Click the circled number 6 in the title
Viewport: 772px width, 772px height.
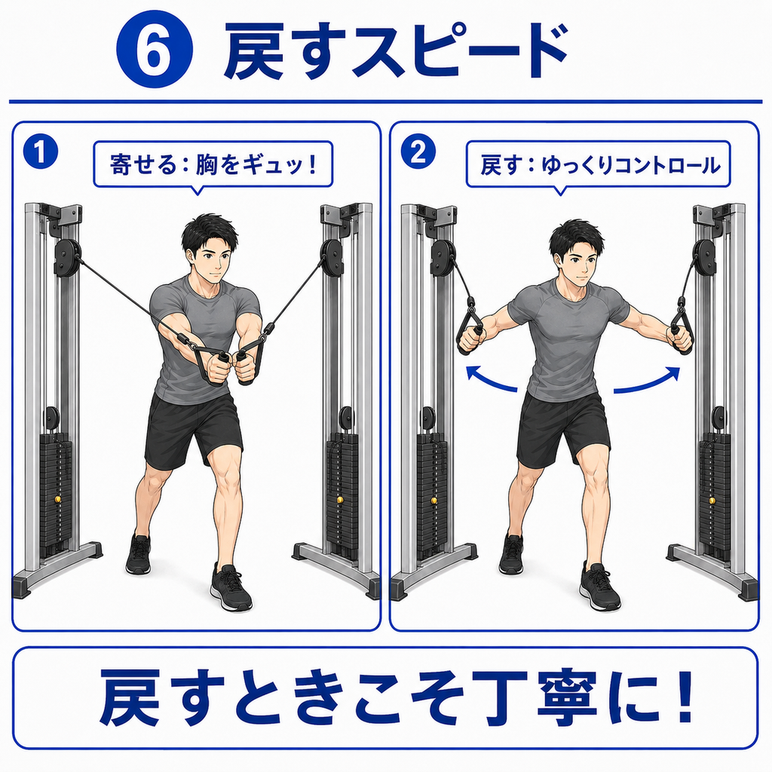(x=154, y=50)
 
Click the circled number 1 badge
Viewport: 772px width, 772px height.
(x=41, y=152)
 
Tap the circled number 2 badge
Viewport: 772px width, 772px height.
(x=418, y=152)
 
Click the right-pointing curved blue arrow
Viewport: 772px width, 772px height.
(x=648, y=381)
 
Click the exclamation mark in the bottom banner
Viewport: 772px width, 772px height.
(x=681, y=696)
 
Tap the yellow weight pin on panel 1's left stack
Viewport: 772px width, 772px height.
(x=58, y=500)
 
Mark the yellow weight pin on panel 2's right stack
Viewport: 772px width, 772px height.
(x=712, y=501)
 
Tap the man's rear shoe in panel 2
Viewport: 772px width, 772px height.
(x=511, y=554)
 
